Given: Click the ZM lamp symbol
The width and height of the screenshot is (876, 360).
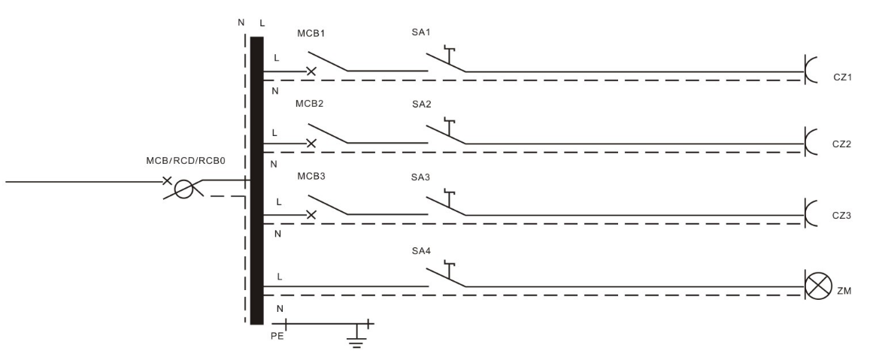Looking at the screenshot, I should pyautogui.click(x=817, y=286).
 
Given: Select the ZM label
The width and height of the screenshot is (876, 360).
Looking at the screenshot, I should pyautogui.click(x=843, y=290).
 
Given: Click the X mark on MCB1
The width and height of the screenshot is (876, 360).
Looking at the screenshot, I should pyautogui.click(x=311, y=71).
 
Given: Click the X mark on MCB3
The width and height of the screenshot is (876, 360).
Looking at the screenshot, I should pyautogui.click(x=311, y=213).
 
